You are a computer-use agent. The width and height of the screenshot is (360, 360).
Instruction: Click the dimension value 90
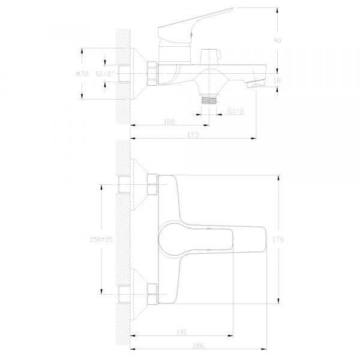277,41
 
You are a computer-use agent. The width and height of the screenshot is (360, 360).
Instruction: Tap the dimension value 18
277,80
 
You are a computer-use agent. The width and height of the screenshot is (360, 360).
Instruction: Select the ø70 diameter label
82,74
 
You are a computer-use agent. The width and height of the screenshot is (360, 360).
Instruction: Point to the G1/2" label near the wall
105,74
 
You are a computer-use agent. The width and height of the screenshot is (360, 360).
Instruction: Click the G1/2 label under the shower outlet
235,111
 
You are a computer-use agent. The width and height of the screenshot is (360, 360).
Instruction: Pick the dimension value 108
169,121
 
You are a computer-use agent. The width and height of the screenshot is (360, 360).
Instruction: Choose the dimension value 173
193,135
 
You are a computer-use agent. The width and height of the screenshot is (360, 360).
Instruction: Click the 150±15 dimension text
101,239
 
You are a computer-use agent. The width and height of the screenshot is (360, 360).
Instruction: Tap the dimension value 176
278,239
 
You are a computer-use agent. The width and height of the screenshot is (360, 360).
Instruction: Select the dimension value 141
181,332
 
